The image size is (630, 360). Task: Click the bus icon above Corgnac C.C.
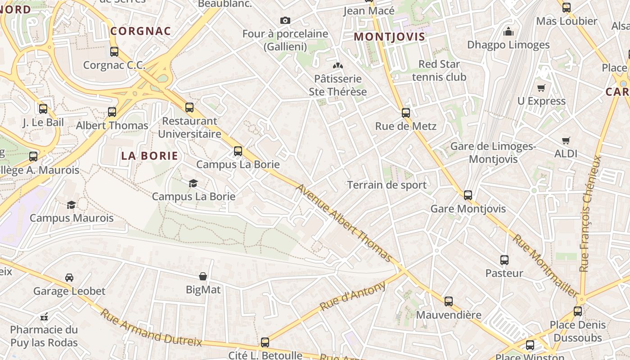tap(114, 52)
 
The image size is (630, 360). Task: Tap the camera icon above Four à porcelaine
tap(285, 20)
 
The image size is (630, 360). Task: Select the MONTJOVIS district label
tap(390, 36)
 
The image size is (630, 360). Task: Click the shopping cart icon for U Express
tap(541, 88)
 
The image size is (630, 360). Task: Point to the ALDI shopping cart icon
tap(566, 141)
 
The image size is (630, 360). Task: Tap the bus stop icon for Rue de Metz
tap(406, 112)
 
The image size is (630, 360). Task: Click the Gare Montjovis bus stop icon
tap(468, 195)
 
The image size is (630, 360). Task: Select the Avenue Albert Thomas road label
tap(344, 223)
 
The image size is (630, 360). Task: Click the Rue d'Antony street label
tap(353, 296)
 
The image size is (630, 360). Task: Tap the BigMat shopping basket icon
tap(203, 276)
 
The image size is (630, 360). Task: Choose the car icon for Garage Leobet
tap(69, 278)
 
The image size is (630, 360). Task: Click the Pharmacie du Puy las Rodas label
tap(44, 336)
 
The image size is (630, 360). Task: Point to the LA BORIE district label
tap(150, 156)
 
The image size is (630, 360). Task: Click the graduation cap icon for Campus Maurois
tap(72, 205)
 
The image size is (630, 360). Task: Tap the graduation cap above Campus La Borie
tap(193, 183)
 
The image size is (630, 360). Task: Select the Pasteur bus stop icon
tap(504, 260)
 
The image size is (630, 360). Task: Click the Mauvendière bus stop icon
tap(449, 301)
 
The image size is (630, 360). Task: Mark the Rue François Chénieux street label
tap(590, 214)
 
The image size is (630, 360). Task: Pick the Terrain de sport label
tap(387, 185)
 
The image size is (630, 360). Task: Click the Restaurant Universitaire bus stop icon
tap(189, 108)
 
